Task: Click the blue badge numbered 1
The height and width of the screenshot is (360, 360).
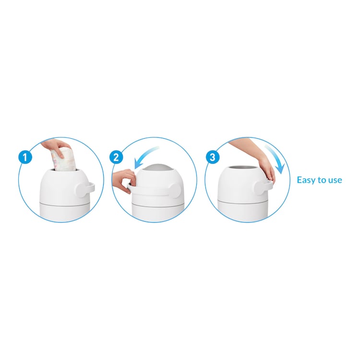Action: point(25,157)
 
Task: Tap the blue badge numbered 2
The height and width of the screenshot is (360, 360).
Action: point(116,157)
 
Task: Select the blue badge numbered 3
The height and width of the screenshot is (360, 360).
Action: point(213,157)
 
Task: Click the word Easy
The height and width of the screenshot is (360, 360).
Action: point(307,180)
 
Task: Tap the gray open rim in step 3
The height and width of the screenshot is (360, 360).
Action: point(243,168)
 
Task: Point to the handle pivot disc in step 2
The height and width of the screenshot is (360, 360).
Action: point(174,191)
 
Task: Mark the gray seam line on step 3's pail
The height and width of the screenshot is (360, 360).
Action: point(242,202)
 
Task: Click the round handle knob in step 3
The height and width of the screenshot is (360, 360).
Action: point(261,188)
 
